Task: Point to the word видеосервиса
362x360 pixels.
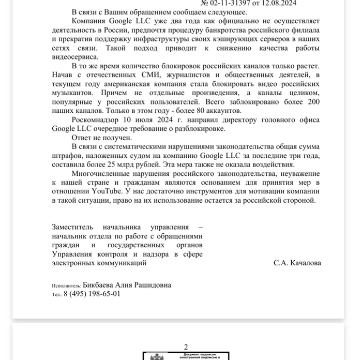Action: (75, 56)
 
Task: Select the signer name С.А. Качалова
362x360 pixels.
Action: (297, 263)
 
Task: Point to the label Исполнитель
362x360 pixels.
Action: (66, 286)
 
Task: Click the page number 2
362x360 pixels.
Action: (186, 347)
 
